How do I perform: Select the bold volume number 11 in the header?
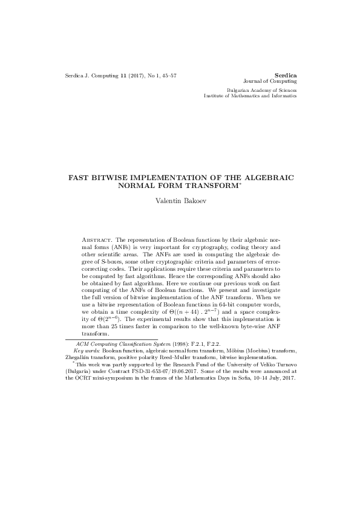[x=123, y=76]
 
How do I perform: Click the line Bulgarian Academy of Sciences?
[x=262, y=89]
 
